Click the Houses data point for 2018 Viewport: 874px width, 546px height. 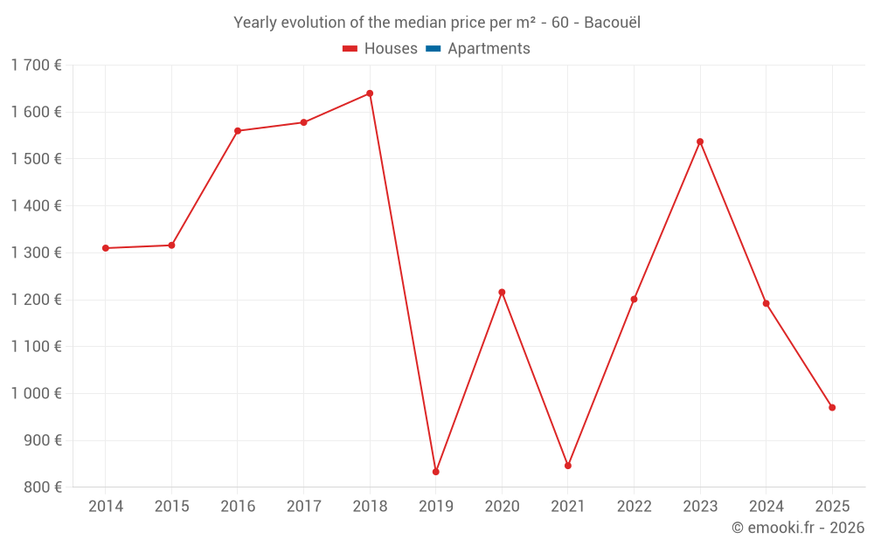point(370,93)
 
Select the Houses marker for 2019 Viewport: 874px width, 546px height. point(436,472)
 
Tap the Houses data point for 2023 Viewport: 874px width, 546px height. point(700,142)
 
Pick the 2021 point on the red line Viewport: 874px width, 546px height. point(568,466)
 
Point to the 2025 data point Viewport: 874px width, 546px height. point(832,408)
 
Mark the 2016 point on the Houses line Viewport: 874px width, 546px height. point(238,131)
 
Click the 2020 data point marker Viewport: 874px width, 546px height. point(502,292)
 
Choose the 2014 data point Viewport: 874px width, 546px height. point(106,248)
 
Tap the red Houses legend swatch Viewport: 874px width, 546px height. point(350,49)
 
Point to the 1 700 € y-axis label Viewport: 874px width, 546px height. point(36,65)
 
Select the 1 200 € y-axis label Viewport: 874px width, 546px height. point(36,300)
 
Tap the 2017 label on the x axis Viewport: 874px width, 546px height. point(303,507)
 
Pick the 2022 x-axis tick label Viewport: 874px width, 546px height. point(634,507)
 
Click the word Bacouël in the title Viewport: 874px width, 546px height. point(612,23)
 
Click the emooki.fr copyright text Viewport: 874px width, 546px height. point(798,528)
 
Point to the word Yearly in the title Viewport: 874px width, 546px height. point(254,23)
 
